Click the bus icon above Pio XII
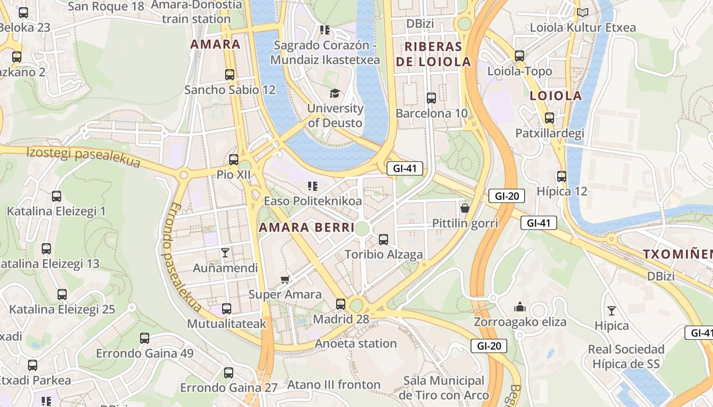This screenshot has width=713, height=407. point(234,160)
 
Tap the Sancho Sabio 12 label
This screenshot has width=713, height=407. point(230,90)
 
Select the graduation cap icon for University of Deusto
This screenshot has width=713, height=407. point(335,93)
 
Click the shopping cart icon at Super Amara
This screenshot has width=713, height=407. point(285,279)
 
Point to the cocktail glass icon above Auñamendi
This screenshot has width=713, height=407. point(225,252)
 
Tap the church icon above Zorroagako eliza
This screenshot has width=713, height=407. point(520,307)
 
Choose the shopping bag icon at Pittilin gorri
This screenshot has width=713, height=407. point(465,208)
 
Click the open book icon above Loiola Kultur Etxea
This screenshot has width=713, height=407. point(583,12)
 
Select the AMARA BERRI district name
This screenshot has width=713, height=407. point(307,227)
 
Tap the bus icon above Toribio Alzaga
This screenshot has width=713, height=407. point(383,239)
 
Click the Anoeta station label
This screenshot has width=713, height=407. point(355,343)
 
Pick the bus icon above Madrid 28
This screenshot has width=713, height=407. point(341,304)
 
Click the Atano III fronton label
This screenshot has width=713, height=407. point(334,385)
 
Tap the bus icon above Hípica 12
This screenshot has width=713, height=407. point(562,177)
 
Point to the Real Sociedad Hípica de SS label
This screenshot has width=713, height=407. point(626,357)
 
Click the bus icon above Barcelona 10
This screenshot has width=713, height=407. point(431,98)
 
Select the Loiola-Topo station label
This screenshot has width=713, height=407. point(519,71)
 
